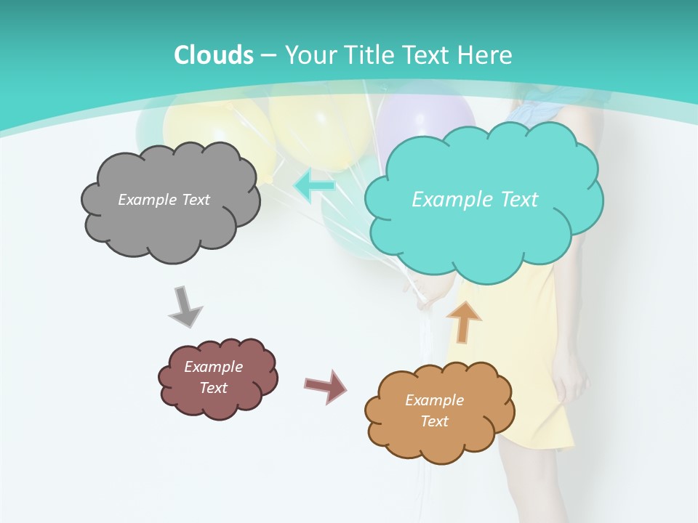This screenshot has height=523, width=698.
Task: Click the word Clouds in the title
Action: [x=214, y=55]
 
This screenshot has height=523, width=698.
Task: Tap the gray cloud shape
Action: [x=170, y=225]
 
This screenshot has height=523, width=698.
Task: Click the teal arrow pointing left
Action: [x=314, y=187]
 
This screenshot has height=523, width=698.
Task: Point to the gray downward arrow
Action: [x=185, y=307]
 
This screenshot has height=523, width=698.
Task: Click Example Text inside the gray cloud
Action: [x=164, y=200]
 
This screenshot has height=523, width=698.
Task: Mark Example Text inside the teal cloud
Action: [x=475, y=200]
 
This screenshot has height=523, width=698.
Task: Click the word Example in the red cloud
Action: [x=213, y=367]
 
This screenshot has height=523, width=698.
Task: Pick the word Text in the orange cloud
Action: [x=434, y=421]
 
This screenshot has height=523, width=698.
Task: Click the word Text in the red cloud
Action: [x=213, y=388]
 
